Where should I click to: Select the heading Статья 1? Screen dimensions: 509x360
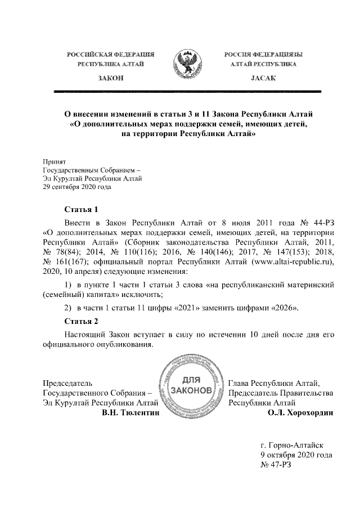pos(82,210)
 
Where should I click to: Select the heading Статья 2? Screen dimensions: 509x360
pos(82,322)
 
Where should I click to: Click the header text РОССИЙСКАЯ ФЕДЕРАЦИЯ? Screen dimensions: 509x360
pos(111,55)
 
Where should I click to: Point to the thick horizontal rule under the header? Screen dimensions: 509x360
pos(187,91)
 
